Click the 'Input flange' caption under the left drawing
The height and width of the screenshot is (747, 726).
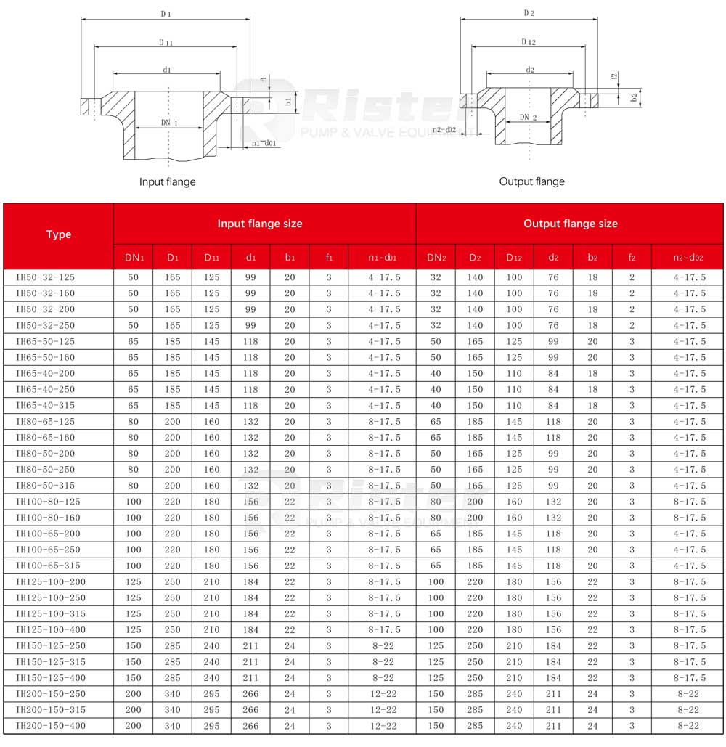pyautogui.click(x=167, y=182)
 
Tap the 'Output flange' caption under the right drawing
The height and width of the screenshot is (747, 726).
pyautogui.click(x=531, y=181)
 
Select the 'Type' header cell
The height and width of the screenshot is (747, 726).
pyautogui.click(x=59, y=234)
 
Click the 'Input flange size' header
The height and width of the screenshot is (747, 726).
pyautogui.click(x=260, y=224)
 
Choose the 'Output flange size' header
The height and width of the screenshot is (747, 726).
pyautogui.click(x=571, y=224)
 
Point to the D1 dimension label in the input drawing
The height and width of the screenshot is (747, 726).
pyautogui.click(x=166, y=14)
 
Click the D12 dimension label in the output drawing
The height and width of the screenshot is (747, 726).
pyautogui.click(x=528, y=42)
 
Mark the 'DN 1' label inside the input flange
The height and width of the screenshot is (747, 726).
pyautogui.click(x=168, y=123)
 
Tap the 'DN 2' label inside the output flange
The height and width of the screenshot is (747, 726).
pyautogui.click(x=528, y=118)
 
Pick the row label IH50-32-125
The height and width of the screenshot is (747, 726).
pyautogui.click(x=45, y=277)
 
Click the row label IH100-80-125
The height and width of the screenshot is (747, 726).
pyautogui.click(x=48, y=502)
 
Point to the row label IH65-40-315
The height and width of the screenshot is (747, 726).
pyautogui.click(x=45, y=405)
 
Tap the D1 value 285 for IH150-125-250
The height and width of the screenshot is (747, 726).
pyautogui.click(x=172, y=646)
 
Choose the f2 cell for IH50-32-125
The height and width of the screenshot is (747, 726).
pyautogui.click(x=632, y=277)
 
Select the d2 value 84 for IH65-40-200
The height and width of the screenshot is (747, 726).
pyautogui.click(x=553, y=373)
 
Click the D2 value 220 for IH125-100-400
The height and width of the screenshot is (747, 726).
pyautogui.click(x=475, y=630)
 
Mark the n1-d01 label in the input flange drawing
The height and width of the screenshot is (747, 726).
pyautogui.click(x=264, y=144)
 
